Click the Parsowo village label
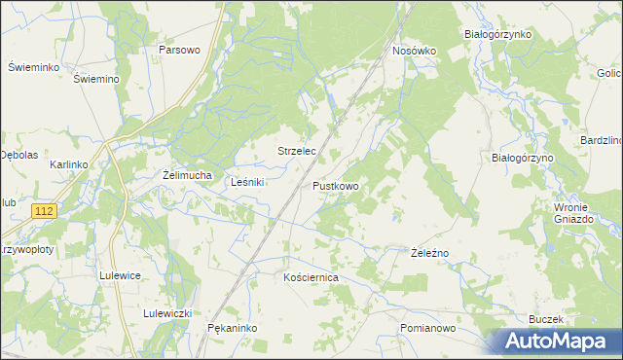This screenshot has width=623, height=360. coord(179,50)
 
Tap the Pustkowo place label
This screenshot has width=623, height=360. coord(336,185)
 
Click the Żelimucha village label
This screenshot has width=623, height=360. coord(187,175)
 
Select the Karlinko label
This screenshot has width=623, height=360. coord(69,165)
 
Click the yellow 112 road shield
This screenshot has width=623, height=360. coord(43,211)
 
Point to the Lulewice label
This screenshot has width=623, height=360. coord(121,275)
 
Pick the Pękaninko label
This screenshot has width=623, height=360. coord(232,329)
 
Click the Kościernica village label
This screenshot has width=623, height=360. coord(310,277)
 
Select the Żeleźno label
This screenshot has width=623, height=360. coord(428,253)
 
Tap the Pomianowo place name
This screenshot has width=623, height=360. coord(427,329)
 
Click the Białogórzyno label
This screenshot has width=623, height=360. coord(522,158)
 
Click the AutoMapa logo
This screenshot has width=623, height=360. coord(554,342)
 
